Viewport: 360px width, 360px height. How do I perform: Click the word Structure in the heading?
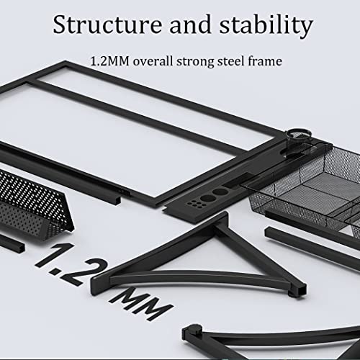tap(107, 24)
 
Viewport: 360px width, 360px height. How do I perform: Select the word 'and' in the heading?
tap(190, 24)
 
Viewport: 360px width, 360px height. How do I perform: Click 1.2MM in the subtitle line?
tap(110, 61)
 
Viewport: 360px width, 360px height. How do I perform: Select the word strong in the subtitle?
tap(195, 62)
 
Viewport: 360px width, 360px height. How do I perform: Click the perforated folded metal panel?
tap(31, 204)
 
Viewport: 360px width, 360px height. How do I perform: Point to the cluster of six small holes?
tap(197, 204)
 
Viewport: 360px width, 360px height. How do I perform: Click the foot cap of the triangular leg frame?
tap(299, 290)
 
